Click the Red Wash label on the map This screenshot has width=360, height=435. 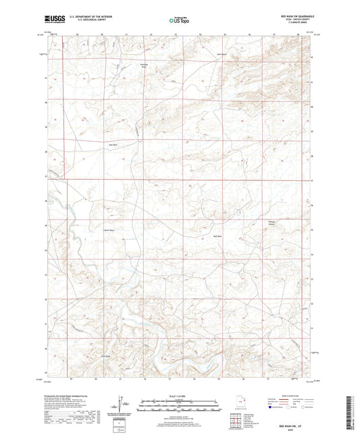217,236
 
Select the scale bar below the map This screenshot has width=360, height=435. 179,403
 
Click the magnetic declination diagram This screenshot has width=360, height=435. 122,404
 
